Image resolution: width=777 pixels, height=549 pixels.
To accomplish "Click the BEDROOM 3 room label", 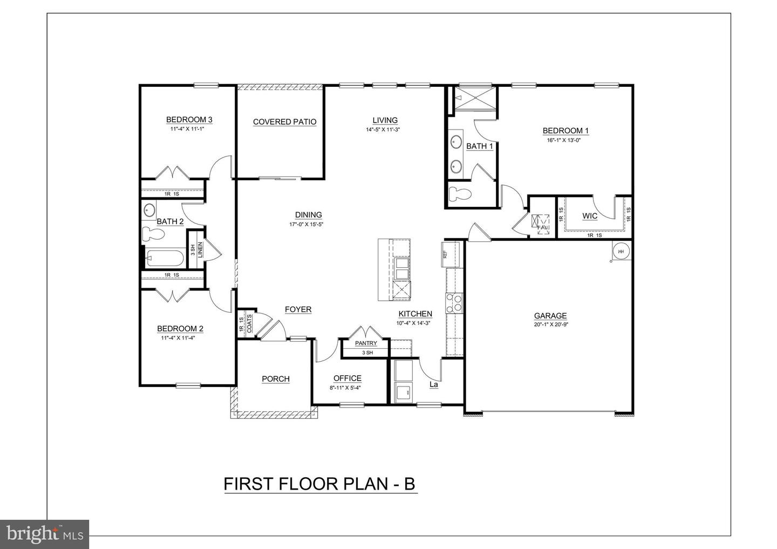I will [188, 120].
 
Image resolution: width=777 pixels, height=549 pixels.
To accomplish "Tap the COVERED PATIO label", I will [284, 122].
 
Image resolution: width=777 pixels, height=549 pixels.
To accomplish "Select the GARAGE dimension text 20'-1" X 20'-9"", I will [550, 325].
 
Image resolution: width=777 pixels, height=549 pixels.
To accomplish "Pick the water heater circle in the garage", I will [621, 250].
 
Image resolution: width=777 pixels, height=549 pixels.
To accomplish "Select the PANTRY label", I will [366, 343].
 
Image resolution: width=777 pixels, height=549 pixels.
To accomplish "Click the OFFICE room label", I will [347, 378].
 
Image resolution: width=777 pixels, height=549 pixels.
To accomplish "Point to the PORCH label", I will [276, 379].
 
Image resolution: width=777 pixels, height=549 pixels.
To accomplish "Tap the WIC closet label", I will [590, 216].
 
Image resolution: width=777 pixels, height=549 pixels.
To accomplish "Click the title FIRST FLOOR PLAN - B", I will [320, 484].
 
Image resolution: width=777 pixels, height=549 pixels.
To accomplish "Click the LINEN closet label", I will [200, 250].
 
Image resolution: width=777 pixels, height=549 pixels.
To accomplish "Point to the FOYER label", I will [298, 309].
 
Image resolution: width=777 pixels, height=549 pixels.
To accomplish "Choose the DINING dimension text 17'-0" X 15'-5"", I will [309, 224].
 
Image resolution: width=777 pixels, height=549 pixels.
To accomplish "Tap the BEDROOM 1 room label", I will [565, 131].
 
